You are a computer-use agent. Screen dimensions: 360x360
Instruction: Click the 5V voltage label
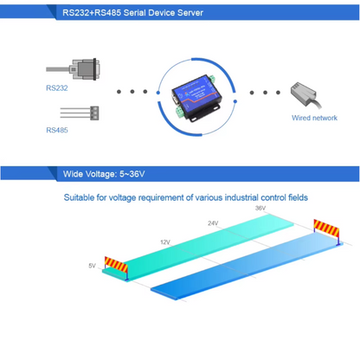click(93, 266)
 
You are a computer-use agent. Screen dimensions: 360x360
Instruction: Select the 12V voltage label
click(165, 241)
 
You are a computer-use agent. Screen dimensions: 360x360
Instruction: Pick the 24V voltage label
click(213, 223)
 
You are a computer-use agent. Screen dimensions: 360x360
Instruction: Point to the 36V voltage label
click(260, 209)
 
